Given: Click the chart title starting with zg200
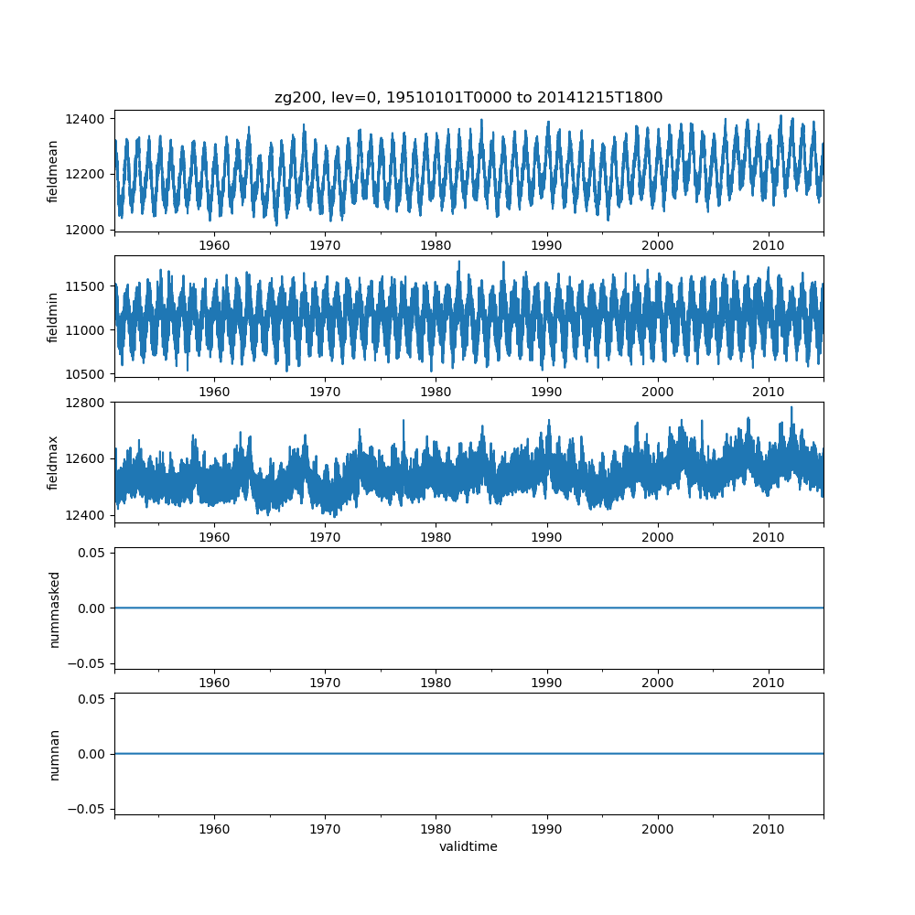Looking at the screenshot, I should (x=468, y=97).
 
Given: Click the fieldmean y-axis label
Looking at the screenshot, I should (x=53, y=171).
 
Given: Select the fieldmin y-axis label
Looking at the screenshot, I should (x=53, y=317).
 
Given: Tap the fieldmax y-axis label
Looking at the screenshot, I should (x=53, y=462).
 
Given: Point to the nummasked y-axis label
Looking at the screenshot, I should (x=54, y=608).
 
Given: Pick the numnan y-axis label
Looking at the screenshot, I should (x=54, y=754).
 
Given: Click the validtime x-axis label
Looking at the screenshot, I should (x=468, y=847).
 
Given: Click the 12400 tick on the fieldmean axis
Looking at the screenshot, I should (x=89, y=119).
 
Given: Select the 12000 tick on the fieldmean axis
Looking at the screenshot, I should (x=89, y=230).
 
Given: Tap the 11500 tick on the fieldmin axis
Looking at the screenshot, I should (x=89, y=286).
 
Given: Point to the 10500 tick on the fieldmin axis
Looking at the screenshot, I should (x=89, y=374).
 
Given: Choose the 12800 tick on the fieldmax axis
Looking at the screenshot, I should (x=89, y=403).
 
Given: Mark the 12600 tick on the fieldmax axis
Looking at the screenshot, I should (x=89, y=458).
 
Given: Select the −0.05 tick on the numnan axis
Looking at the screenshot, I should (x=89, y=809).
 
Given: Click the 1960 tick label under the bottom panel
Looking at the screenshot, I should (x=214, y=828).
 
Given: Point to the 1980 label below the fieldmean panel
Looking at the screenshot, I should (x=436, y=245).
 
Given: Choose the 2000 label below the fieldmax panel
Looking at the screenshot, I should (x=657, y=536).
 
